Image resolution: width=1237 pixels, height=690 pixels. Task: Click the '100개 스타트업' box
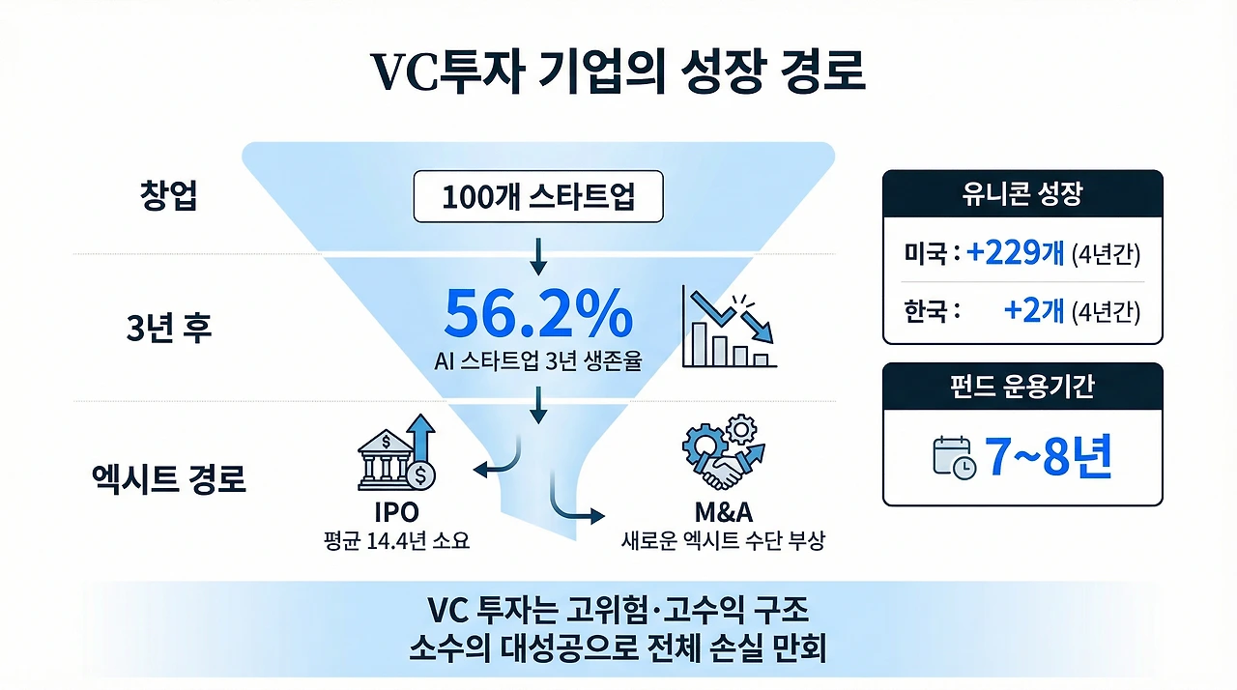click(x=538, y=196)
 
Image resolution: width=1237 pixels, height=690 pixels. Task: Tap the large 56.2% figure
click(x=538, y=313)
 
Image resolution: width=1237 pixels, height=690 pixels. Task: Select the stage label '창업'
click(x=168, y=195)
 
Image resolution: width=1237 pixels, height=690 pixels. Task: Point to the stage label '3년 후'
click(x=169, y=328)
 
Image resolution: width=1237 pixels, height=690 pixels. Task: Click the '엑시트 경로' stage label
click(x=168, y=478)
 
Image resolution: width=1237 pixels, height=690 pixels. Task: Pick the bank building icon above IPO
click(x=396, y=452)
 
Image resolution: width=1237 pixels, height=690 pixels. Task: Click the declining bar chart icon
click(x=729, y=327)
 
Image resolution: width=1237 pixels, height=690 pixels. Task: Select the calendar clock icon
click(x=954, y=457)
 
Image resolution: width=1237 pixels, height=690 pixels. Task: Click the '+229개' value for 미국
click(x=1015, y=253)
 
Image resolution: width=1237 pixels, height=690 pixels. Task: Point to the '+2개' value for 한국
click(x=1034, y=310)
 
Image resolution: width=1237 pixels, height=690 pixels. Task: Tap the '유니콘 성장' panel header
click(x=1022, y=193)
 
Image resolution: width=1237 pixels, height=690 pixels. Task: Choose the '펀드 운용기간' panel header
click(x=1022, y=387)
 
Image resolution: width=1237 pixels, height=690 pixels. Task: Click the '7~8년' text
click(x=1049, y=457)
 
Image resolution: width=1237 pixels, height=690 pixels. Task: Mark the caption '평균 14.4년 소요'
click(x=396, y=541)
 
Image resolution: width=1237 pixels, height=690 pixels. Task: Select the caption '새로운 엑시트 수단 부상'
click(x=724, y=541)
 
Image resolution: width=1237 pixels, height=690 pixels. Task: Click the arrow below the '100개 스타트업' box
click(x=538, y=257)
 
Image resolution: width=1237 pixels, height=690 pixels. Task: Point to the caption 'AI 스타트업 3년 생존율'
click(x=538, y=361)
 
